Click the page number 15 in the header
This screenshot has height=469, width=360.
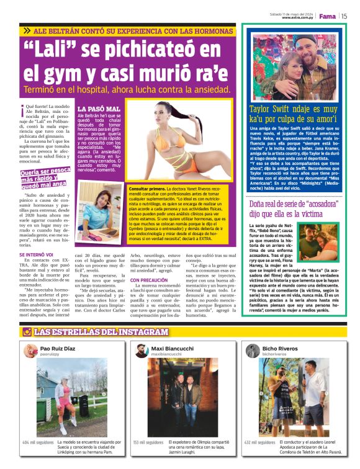[344, 16]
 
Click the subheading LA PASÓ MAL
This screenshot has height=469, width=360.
[94, 109]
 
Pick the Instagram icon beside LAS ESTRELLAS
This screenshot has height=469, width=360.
[27, 332]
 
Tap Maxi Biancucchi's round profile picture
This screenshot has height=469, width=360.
[142, 351]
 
